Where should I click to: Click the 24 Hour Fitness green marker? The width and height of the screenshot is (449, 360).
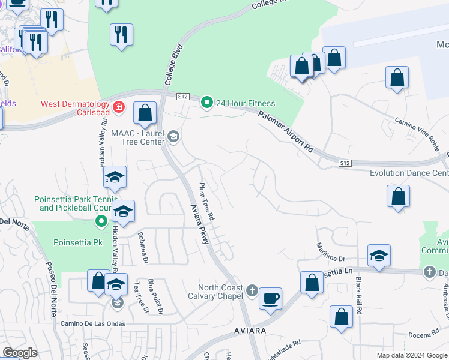pos(207,103)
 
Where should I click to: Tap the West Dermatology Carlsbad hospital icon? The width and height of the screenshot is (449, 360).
pos(119,107)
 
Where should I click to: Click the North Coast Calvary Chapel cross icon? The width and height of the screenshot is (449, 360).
pos(252,291)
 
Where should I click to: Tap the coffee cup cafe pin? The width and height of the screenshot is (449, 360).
pos(270,298)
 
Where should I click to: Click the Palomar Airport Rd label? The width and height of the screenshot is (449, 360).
pos(286,130)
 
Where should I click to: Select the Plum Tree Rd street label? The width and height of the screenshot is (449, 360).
pos(207,201)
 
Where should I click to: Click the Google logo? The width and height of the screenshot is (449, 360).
pos(20,353)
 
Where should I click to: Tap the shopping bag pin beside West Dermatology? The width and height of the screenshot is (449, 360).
pos(145,112)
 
